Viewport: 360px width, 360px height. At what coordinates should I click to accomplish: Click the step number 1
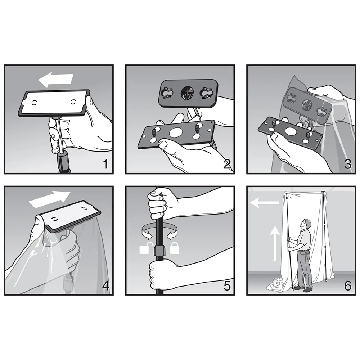[105, 165]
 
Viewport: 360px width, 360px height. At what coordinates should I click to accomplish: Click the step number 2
[227, 165]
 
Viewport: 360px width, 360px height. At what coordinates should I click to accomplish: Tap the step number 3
[348, 165]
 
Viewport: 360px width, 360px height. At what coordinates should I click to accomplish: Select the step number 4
[105, 286]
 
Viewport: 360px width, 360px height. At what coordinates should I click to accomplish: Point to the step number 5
[227, 286]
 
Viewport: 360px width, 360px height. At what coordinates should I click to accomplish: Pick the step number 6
[348, 286]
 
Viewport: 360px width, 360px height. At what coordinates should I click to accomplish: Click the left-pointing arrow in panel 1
[55, 80]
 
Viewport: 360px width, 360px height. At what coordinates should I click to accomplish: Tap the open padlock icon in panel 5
[145, 248]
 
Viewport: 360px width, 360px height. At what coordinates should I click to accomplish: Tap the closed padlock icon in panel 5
[175, 248]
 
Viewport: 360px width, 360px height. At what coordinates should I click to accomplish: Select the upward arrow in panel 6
[275, 243]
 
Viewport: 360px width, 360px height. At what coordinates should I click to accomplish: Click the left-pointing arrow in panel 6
[265, 202]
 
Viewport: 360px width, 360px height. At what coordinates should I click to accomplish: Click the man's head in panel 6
[307, 223]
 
